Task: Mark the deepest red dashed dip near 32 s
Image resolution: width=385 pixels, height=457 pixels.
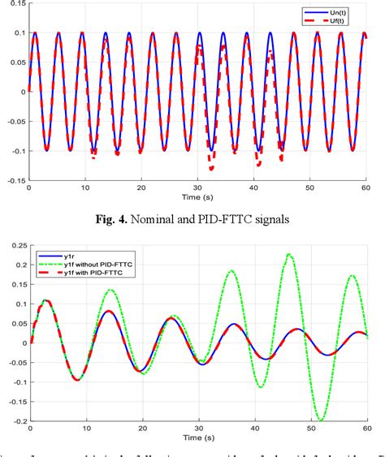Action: click(x=211, y=169)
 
